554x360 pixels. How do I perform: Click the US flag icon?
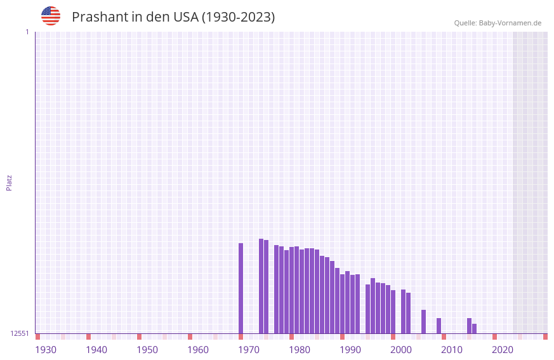51,16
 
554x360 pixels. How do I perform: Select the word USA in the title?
185,17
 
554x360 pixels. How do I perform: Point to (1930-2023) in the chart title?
238,17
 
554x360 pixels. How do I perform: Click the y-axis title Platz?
9,182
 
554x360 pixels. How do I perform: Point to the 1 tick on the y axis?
27,32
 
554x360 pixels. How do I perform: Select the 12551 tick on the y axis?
19,333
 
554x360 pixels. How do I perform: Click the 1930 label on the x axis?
46,350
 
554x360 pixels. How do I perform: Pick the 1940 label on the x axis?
96,350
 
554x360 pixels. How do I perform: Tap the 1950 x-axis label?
147,350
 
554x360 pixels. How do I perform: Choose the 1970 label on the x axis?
249,350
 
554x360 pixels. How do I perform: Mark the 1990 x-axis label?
350,350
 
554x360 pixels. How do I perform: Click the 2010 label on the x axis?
452,350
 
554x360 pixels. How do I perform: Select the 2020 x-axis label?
503,350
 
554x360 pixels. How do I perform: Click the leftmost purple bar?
241,288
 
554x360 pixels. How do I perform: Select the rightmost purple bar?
474,328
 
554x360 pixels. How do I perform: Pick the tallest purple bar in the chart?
261,286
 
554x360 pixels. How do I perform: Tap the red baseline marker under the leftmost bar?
241,337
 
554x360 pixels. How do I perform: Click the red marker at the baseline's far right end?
545,337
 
